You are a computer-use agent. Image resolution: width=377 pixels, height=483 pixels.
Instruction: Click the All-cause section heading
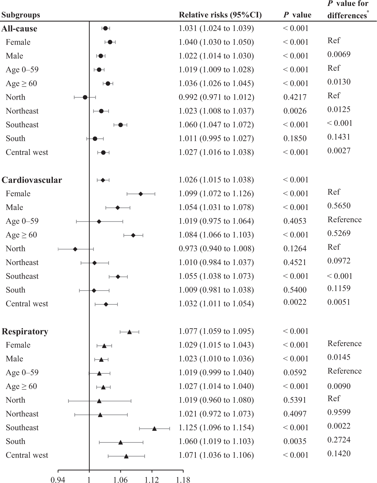(x=19, y=29)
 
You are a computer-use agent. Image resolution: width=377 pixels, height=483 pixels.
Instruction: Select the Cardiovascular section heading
(x=32, y=180)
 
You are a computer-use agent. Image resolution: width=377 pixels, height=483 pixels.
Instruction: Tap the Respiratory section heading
(x=25, y=332)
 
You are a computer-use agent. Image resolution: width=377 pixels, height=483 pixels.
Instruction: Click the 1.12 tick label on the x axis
(x=152, y=480)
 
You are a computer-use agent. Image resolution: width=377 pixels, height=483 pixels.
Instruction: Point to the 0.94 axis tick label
(x=58, y=480)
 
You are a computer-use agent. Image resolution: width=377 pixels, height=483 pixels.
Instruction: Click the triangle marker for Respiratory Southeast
(x=154, y=428)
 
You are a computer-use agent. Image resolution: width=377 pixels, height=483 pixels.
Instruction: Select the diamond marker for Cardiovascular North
(x=75, y=249)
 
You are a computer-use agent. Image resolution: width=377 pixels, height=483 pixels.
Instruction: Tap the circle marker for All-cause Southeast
(x=120, y=125)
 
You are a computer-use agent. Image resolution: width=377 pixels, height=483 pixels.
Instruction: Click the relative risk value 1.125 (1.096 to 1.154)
(x=216, y=428)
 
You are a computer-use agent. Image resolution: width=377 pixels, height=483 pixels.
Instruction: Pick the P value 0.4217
(x=295, y=97)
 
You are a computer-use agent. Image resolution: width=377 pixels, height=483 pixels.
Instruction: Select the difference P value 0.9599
(x=339, y=412)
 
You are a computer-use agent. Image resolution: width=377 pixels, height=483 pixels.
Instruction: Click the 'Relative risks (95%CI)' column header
(x=220, y=15)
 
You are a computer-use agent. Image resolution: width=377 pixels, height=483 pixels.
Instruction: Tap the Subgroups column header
(x=20, y=15)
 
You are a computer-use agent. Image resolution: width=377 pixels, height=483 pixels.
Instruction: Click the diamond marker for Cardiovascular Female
(x=140, y=194)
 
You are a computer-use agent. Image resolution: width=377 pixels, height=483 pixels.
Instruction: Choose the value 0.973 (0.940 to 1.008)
(x=216, y=248)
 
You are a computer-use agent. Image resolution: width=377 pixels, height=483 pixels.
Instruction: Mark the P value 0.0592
(x=295, y=372)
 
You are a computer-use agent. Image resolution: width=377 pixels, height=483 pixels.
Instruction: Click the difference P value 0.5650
(x=339, y=206)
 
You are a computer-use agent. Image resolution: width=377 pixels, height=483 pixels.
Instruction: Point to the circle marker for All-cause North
(x=85, y=97)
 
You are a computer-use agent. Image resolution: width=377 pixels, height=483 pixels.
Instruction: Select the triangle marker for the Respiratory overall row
(x=129, y=332)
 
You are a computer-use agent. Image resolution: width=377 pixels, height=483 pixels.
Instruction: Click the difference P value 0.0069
(x=339, y=54)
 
